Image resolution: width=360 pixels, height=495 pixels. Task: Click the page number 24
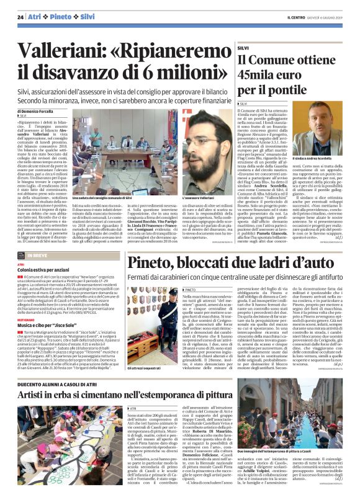pyautogui.click(x=20, y=17)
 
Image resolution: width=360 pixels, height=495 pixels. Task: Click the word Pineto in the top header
pyautogui.click(x=61, y=17)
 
